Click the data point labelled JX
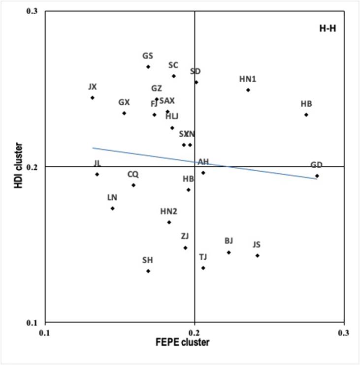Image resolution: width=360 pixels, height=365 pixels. [92, 98]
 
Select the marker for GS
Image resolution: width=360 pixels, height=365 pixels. [148, 67]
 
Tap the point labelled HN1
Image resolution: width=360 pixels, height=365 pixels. [248, 90]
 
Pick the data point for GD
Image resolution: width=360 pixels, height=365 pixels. [317, 176]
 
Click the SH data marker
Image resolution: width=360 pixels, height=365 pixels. [148, 271]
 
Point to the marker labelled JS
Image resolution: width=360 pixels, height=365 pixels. [257, 255]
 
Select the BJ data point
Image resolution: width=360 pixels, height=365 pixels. [229, 252]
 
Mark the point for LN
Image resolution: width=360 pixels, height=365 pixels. [112, 209]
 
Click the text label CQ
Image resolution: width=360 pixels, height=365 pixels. [133, 174]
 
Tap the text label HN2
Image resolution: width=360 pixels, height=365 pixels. [169, 212]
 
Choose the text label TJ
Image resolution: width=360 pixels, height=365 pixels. [203, 257]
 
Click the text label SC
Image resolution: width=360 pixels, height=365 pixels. [173, 65]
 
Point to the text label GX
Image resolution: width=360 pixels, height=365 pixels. [124, 102]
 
